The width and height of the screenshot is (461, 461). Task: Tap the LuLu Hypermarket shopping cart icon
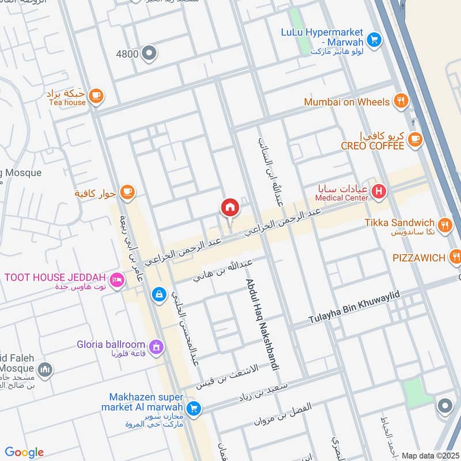pyautogui.click(x=375, y=39)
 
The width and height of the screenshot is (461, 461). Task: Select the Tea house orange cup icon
pyautogui.click(x=96, y=96)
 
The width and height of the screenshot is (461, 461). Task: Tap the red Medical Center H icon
pyautogui.click(x=378, y=191)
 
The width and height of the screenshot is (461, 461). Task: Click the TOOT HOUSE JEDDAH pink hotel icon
pyautogui.click(x=117, y=278)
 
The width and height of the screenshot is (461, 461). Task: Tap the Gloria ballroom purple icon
pyautogui.click(x=155, y=346)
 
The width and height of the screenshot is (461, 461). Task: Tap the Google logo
pyautogui.click(x=24, y=452)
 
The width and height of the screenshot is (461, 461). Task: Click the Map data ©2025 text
pyautogui.click(x=429, y=455)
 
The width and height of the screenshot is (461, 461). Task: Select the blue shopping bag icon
pyautogui.click(x=157, y=294)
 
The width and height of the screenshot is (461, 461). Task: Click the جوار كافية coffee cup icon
pyautogui.click(x=127, y=192)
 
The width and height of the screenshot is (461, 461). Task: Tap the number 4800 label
pyautogui.click(x=127, y=54)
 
